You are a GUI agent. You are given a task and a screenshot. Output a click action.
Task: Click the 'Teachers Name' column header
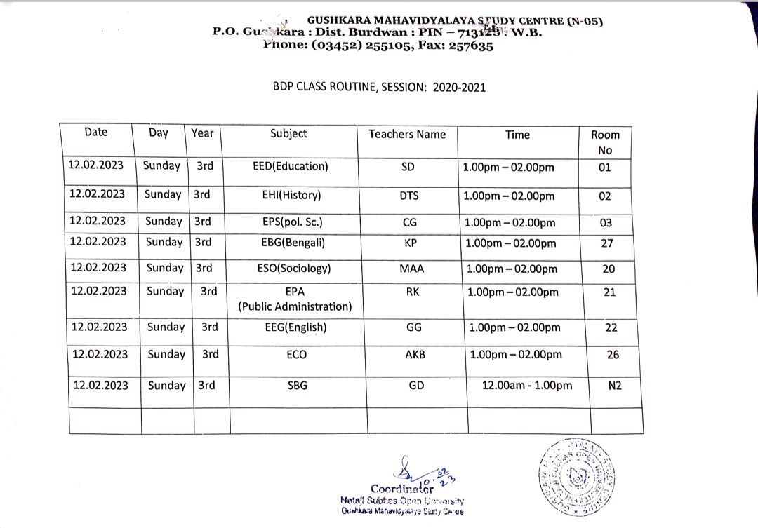[x=407, y=134]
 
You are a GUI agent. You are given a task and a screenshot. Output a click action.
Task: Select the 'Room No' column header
[x=605, y=142]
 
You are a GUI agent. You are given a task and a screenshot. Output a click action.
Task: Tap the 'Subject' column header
[x=288, y=133]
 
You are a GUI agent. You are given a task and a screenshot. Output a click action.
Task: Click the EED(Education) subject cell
[x=290, y=167]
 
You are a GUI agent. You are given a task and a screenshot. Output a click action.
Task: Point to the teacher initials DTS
[x=408, y=196]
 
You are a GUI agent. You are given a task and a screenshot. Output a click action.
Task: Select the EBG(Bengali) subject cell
[x=292, y=243]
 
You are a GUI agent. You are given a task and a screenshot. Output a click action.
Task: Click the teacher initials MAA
[x=411, y=269]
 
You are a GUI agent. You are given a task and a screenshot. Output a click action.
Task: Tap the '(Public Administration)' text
[x=295, y=306]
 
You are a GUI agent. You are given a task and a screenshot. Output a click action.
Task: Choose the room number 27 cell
[x=607, y=243]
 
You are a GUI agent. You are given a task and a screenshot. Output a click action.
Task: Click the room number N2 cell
[x=615, y=386]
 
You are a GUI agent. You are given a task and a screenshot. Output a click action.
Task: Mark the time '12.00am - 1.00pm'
[x=526, y=386]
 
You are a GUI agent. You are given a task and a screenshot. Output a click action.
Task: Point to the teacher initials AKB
[x=415, y=355]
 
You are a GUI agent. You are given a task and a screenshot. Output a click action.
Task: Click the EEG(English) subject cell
[x=295, y=327]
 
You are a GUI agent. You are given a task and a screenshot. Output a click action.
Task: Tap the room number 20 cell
[x=609, y=269]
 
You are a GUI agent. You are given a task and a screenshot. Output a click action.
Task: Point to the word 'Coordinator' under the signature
[x=403, y=488]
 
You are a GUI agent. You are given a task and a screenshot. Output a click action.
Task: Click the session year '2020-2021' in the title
[x=459, y=88]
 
